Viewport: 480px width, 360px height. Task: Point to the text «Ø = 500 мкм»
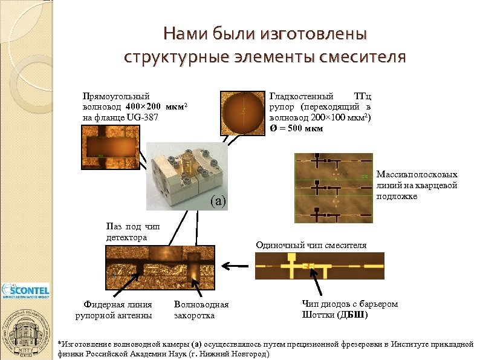pos(296,128)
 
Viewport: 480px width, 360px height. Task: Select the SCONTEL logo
pos(25,291)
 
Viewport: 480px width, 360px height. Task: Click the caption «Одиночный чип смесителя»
pos(311,245)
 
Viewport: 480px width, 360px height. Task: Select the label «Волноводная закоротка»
pos(201,310)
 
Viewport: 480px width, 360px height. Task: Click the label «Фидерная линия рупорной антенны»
pos(113,310)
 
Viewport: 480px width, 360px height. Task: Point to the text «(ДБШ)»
pos(353,315)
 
